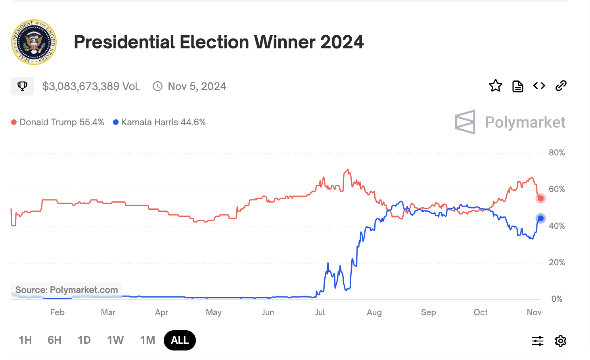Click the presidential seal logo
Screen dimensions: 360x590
click(x=34, y=42)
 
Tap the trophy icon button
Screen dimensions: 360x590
click(x=22, y=86)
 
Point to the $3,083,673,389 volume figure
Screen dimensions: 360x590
click(x=91, y=86)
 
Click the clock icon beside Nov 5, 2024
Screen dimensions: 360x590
click(x=157, y=86)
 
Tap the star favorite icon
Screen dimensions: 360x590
click(x=495, y=86)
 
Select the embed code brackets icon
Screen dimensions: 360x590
click(x=539, y=86)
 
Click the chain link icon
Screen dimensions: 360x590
click(x=561, y=86)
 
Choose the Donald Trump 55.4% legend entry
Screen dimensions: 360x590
click(x=58, y=122)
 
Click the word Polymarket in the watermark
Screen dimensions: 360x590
click(x=525, y=122)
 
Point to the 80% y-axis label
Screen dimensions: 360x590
click(x=557, y=153)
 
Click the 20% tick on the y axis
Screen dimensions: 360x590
click(x=557, y=262)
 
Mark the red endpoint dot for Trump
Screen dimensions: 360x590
click(x=540, y=198)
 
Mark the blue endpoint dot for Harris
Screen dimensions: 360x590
click(x=540, y=218)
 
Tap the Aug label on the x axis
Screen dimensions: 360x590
click(x=374, y=312)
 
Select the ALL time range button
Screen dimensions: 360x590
click(x=180, y=340)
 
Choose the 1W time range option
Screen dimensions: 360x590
click(x=115, y=340)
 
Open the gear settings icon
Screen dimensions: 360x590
click(x=561, y=341)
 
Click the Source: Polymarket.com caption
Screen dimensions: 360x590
click(x=67, y=290)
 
